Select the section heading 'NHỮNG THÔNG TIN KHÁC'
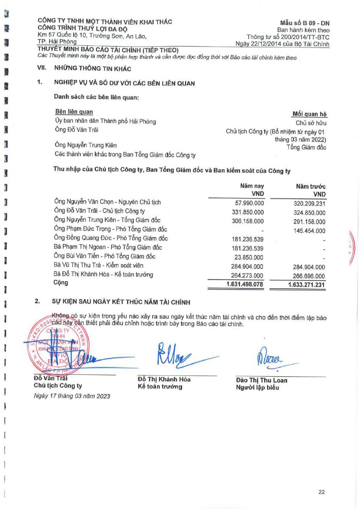(x=93, y=68)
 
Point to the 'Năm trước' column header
(x=311, y=187)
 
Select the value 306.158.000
(x=246, y=221)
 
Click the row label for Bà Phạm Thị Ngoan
(x=108, y=247)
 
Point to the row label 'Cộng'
(x=61, y=282)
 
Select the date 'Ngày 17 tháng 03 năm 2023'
(x=72, y=396)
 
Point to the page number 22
(x=321, y=492)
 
